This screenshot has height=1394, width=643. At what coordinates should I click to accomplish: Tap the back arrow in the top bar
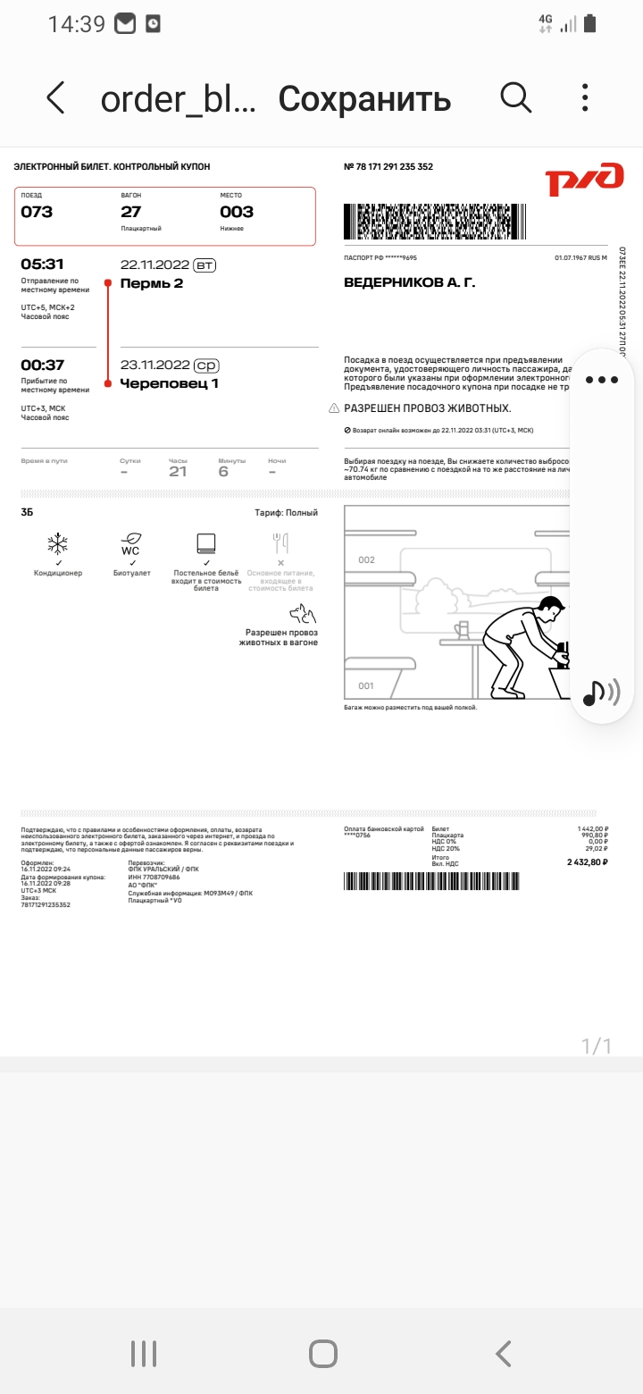55,97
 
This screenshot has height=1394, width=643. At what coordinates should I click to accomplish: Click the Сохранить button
364,98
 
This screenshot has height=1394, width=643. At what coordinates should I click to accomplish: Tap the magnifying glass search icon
516,97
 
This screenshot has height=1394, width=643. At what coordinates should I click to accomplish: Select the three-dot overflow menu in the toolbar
585,97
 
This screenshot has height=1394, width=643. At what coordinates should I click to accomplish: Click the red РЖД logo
585,179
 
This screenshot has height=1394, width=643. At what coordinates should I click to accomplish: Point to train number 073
37,212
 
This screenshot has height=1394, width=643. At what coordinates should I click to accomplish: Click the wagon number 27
131,212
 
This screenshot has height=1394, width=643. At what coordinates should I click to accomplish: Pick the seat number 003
237,212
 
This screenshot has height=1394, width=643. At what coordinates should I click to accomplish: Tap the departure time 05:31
42,265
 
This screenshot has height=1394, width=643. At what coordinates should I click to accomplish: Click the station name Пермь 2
152,283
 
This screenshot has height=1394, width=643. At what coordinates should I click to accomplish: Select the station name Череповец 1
170,383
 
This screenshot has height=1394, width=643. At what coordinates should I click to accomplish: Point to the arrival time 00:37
42,365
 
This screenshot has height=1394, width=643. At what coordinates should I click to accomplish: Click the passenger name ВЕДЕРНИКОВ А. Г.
410,283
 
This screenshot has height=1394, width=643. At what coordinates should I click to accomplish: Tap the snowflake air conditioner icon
57,544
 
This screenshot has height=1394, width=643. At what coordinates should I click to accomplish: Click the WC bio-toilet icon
131,544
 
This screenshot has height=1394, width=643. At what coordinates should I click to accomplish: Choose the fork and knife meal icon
280,544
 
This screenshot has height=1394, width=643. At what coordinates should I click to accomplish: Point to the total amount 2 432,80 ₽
587,862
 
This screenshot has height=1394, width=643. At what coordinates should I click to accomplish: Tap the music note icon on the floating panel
594,693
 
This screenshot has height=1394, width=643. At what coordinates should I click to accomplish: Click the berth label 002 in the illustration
366,560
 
